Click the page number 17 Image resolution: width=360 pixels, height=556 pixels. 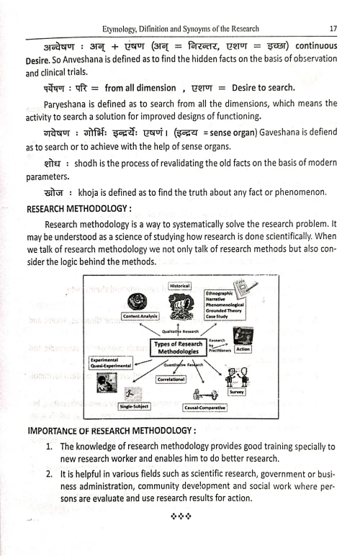[x=333, y=9]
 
